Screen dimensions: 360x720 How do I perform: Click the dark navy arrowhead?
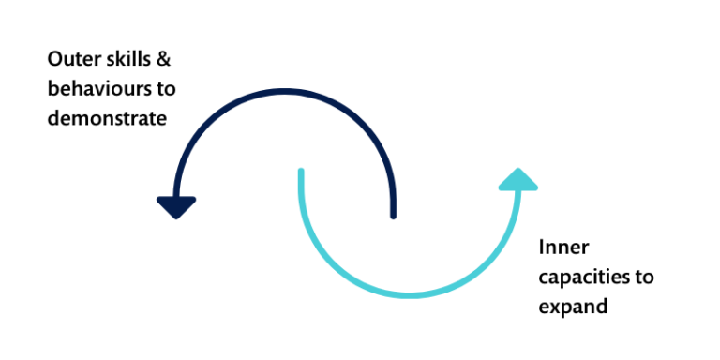176,206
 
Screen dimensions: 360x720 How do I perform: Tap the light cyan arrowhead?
517,180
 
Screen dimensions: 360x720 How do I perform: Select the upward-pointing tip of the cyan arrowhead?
517,168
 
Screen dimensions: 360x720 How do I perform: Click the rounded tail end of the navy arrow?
393,217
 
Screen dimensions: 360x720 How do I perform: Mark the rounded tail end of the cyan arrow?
301,171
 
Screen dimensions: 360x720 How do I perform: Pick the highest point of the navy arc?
284,92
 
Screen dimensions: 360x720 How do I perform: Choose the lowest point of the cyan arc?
410,295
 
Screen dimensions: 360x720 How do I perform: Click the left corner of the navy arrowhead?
158,200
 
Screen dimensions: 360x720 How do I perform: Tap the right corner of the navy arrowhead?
194,200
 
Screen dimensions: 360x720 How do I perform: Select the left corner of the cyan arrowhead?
499,187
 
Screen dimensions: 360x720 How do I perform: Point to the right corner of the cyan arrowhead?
536,187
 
